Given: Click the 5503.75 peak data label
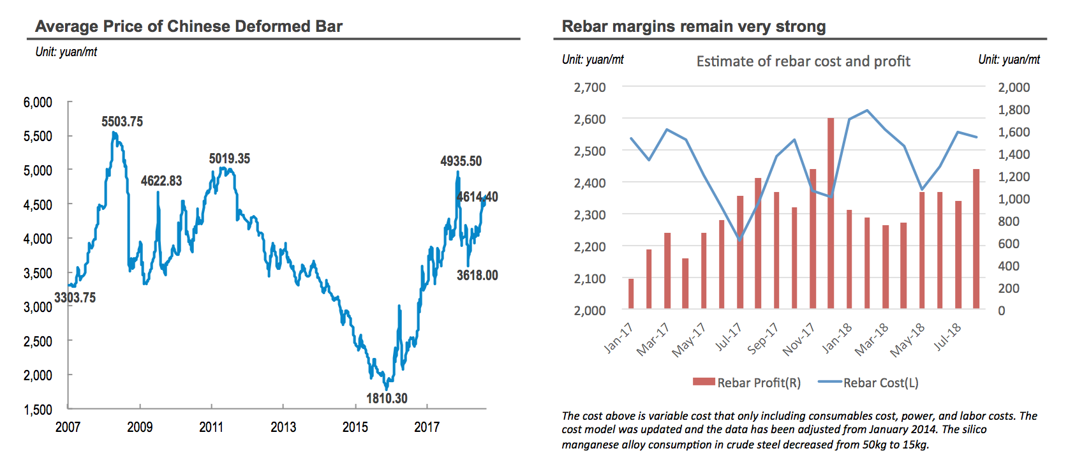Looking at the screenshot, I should click(122, 121).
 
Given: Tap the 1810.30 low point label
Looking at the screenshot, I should click(387, 398).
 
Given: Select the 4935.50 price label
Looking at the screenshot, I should click(461, 161).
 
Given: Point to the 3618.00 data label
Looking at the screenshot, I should click(477, 275).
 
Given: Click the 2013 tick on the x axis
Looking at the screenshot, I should click(283, 427).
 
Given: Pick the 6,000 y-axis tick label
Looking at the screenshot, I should click(38, 102).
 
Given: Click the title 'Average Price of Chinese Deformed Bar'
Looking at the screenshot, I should click(189, 26).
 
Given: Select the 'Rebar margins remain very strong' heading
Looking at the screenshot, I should click(693, 26).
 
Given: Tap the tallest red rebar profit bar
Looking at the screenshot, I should click(831, 213).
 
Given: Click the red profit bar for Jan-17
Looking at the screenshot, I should click(631, 293).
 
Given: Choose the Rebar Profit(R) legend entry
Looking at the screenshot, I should click(746, 383).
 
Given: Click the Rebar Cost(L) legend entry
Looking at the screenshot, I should click(869, 383).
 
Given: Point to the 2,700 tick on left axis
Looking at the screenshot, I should click(590, 87).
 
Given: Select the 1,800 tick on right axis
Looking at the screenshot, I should click(1014, 110).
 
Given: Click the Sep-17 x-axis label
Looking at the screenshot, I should click(763, 338).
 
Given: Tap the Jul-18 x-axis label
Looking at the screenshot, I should click(947, 337).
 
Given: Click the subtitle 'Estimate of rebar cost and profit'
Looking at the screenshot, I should click(803, 61).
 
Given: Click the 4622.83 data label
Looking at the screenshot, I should click(161, 181).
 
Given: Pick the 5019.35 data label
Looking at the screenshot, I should click(230, 158).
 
